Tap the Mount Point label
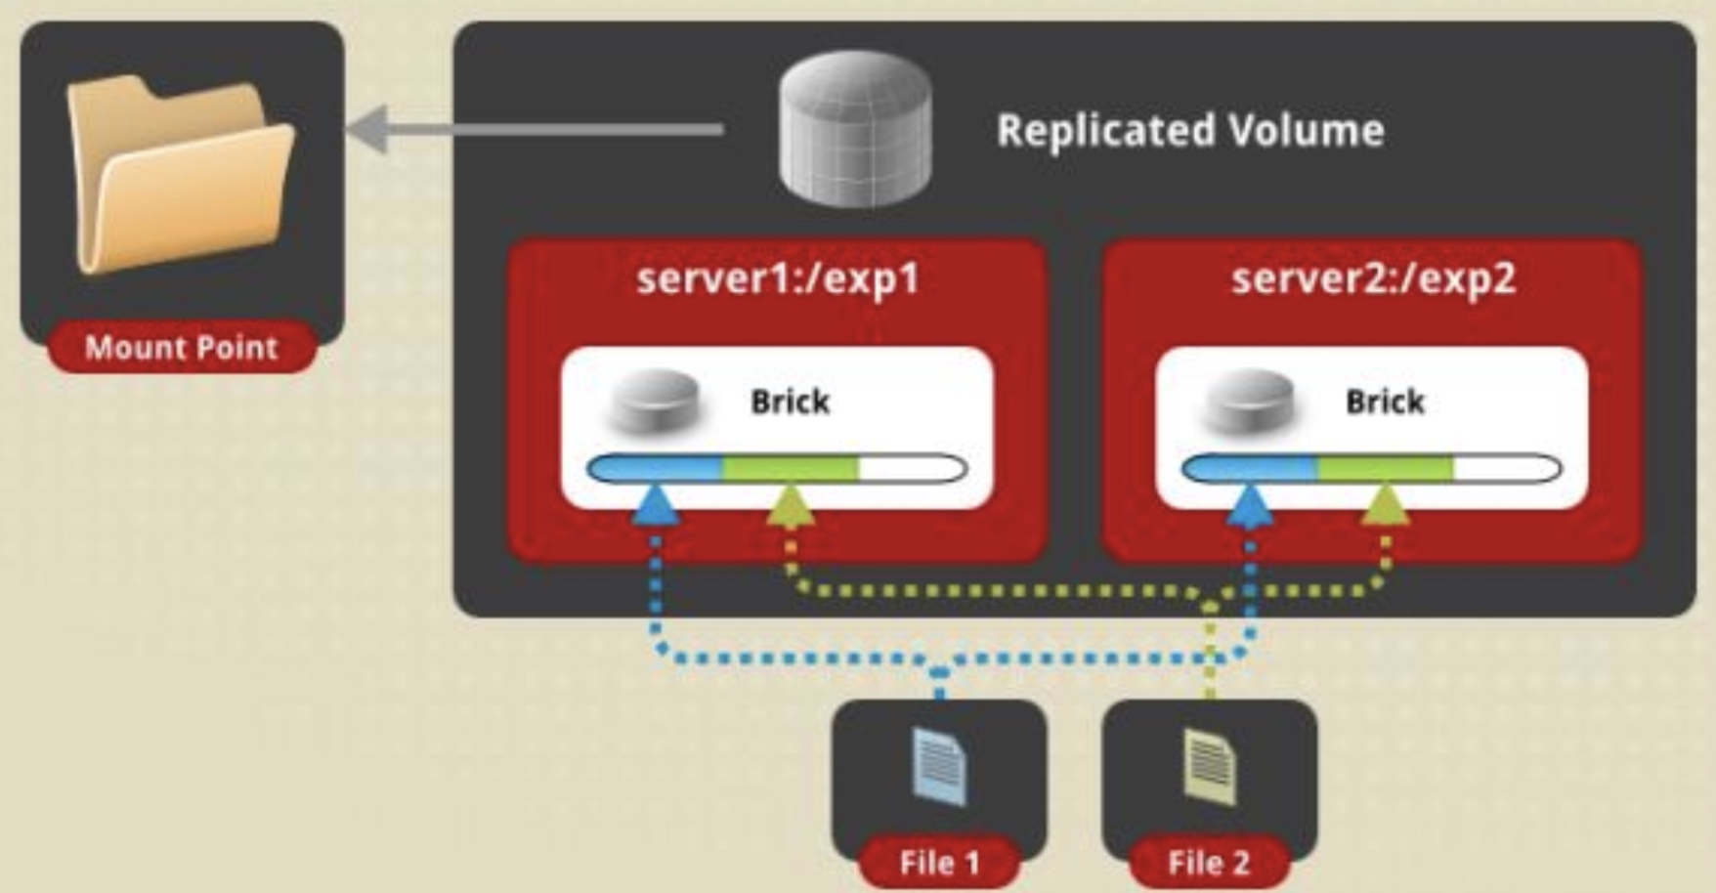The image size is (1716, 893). point(182,347)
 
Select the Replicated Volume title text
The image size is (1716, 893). point(1189,130)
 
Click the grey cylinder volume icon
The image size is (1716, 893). point(855,128)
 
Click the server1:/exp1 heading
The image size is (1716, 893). point(778,278)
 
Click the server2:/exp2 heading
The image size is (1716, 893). point(1373,278)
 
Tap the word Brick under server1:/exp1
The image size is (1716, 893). point(790,402)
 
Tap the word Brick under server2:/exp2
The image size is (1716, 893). point(1385,402)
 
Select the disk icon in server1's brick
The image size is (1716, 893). point(654,401)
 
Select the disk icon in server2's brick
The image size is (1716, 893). point(1249,401)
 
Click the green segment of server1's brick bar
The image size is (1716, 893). point(790,469)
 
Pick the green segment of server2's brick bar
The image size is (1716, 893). point(1385,469)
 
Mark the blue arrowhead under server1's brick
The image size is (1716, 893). point(656,505)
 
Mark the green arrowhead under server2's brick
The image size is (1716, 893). point(1386,505)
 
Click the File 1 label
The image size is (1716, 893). point(939,863)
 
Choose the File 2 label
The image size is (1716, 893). point(1209,863)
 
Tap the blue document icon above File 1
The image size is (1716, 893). point(939,766)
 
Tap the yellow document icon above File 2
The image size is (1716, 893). point(1209,766)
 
